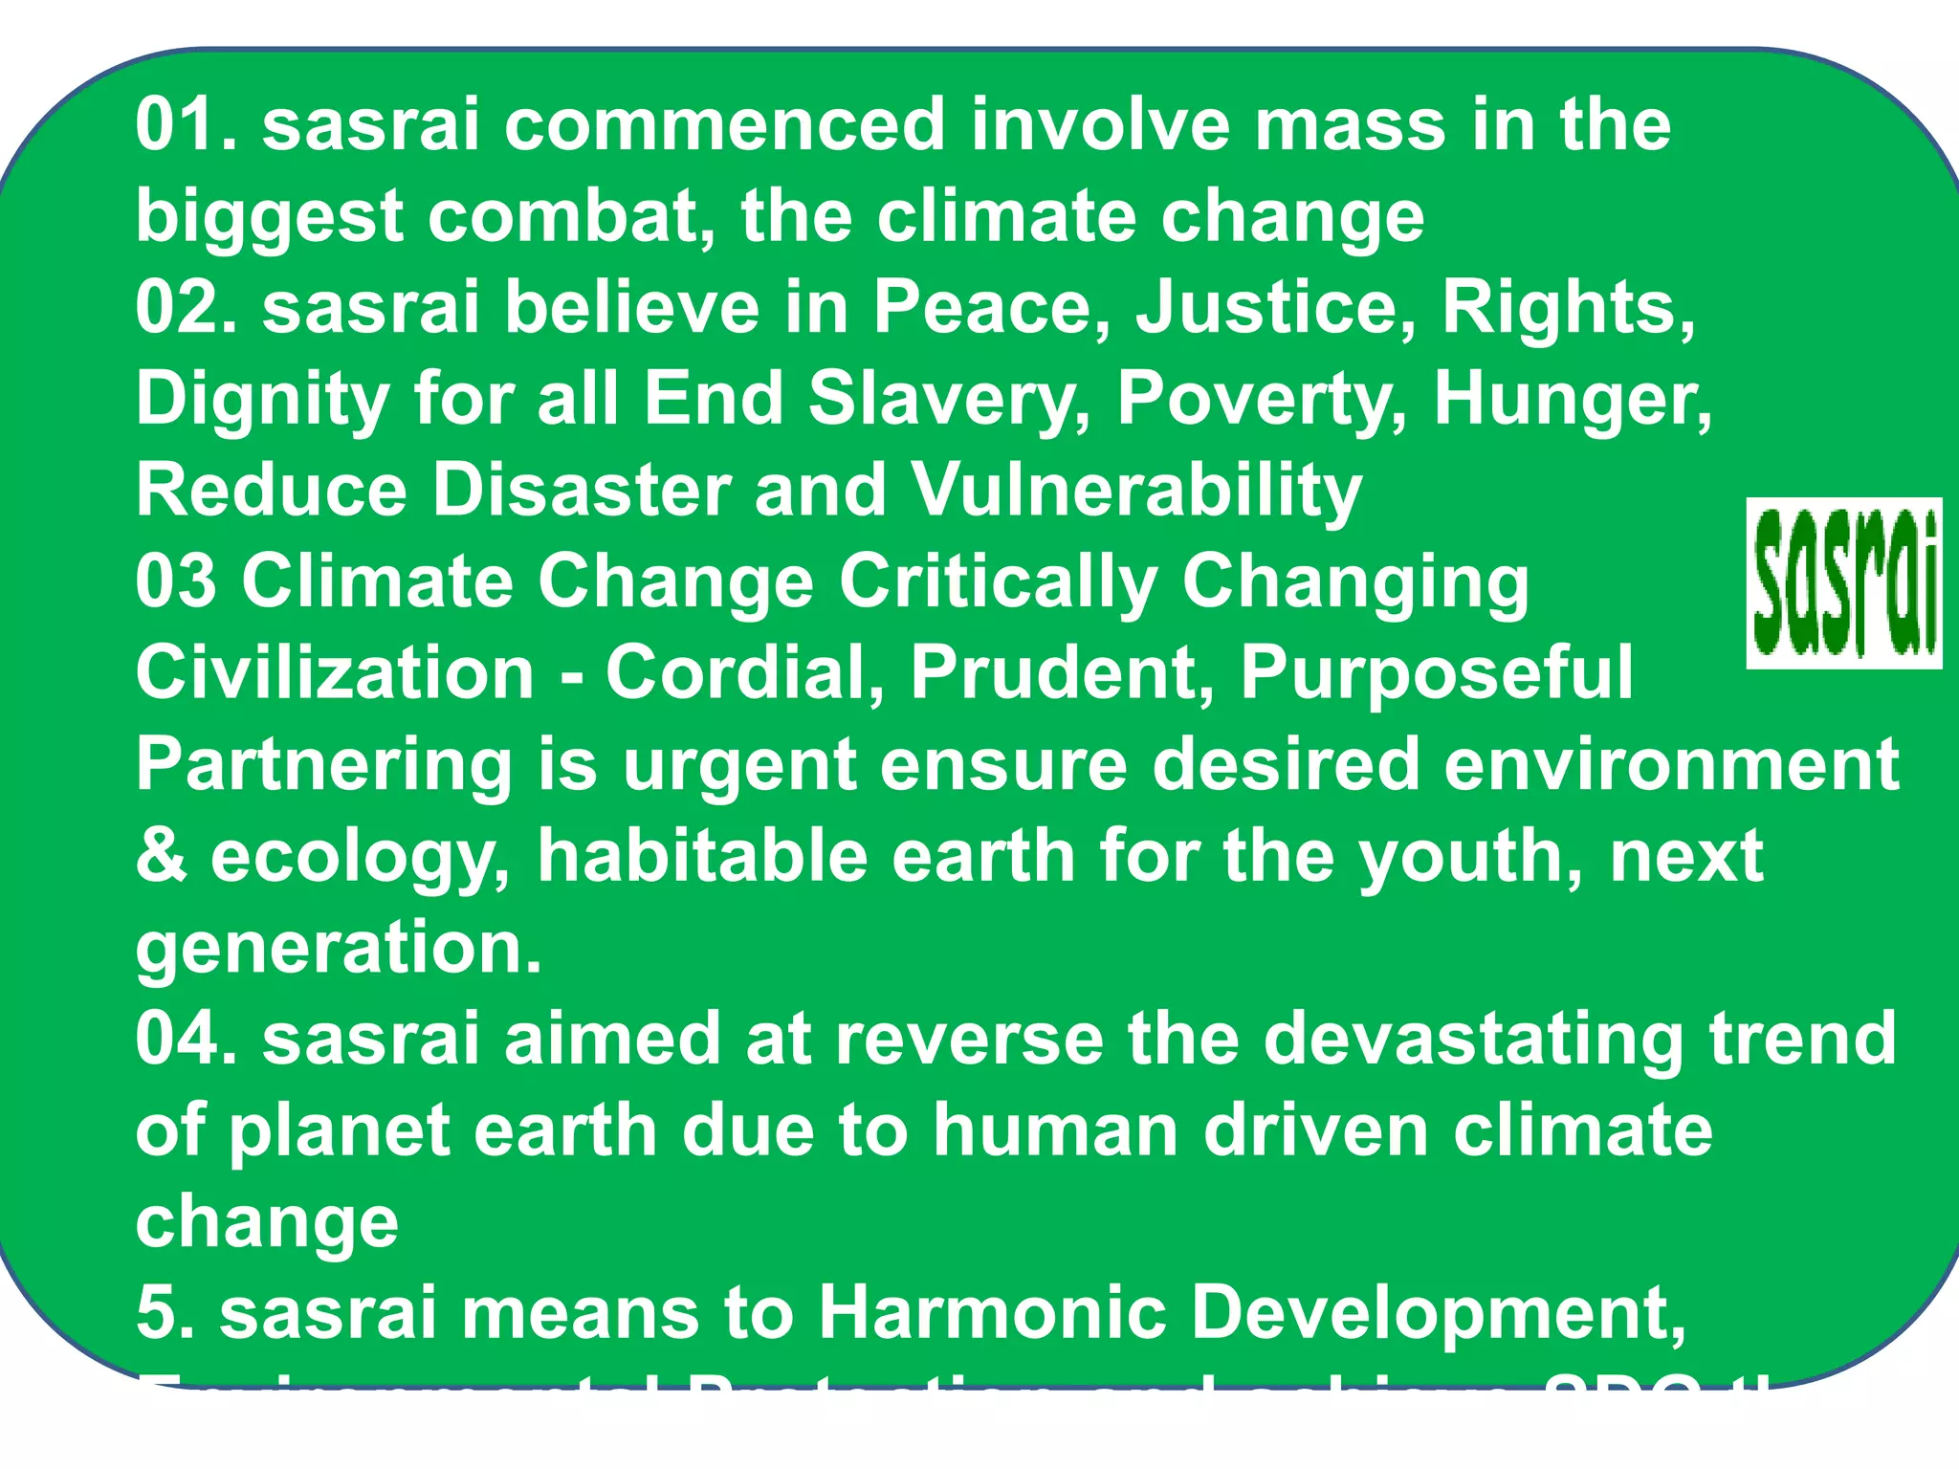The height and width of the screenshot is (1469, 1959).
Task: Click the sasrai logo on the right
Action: click(1843, 582)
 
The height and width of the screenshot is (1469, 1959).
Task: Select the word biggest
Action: click(269, 218)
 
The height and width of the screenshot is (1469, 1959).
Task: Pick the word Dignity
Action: click(261, 400)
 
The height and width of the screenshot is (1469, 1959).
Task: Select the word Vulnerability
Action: click(1135, 491)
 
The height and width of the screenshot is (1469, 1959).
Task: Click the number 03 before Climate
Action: click(175, 581)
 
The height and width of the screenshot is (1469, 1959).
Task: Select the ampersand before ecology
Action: click(160, 855)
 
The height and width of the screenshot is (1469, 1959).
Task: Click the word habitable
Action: click(702, 855)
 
